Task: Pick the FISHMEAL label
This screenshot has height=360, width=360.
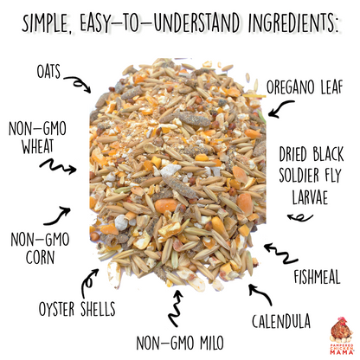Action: tap(316, 277)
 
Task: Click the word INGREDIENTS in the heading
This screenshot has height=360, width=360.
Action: tap(286, 18)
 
